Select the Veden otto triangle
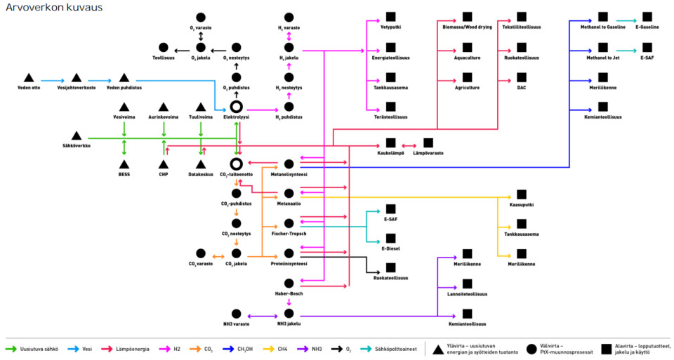pos(29,77)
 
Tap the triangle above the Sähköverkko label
pos(76,135)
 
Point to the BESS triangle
pos(124,164)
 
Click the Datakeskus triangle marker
pos(201,164)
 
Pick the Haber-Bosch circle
pos(289,284)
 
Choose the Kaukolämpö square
pos(390,142)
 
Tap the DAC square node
pos(521,77)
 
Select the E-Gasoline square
pos(647,17)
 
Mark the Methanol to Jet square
pos(603,47)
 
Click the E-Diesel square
pos(390,239)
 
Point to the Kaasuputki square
pos(521,194)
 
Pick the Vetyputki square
pos(390,17)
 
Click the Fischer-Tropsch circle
pos(289,223)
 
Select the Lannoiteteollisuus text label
pos(467,294)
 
